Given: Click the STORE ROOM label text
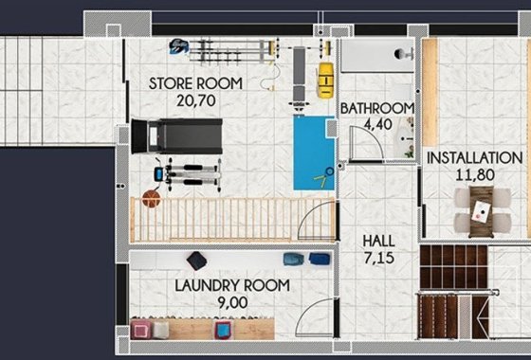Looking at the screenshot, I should pos(195,83).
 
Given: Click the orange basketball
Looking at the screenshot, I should pos(149,197).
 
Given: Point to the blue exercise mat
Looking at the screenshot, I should pos(314,153).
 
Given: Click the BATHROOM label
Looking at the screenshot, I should pos(376,109).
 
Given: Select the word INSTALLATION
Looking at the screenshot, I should pos(474,158).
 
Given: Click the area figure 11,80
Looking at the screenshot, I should pos(474,174).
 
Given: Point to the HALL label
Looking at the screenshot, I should pos(379,241).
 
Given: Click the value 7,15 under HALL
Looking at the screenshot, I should pos(379,257).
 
